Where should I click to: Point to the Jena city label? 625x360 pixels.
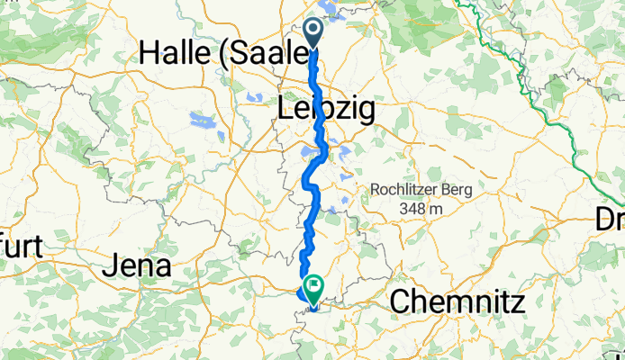[136, 265]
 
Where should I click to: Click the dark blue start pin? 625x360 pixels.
[314, 33]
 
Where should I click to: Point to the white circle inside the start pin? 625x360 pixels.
[314, 29]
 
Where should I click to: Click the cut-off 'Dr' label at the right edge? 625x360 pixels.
[610, 219]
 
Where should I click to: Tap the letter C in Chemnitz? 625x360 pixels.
[400, 302]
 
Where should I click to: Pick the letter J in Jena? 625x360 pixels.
[110, 266]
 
